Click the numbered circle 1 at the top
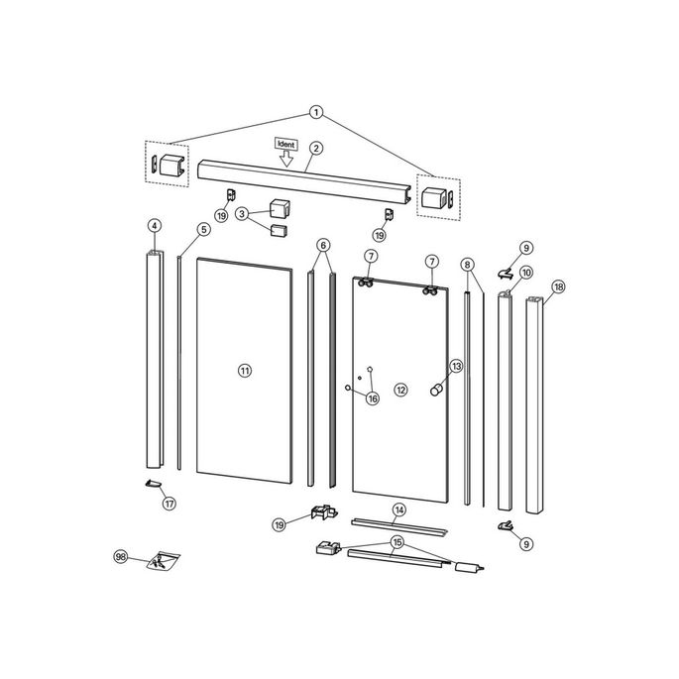click(316, 112)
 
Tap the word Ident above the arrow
click(287, 145)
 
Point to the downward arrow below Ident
click(287, 158)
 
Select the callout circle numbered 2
click(316, 149)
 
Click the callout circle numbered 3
click(242, 213)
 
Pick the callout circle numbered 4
click(155, 226)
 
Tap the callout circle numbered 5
click(203, 230)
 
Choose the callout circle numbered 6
click(323, 245)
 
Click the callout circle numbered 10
click(525, 272)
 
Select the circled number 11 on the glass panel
click(245, 370)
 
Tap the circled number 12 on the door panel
click(401, 390)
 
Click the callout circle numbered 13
click(456, 366)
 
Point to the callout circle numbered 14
click(398, 510)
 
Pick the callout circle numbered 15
click(397, 542)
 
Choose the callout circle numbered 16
click(373, 398)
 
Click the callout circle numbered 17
click(169, 504)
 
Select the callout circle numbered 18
click(559, 287)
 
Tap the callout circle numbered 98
click(121, 558)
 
